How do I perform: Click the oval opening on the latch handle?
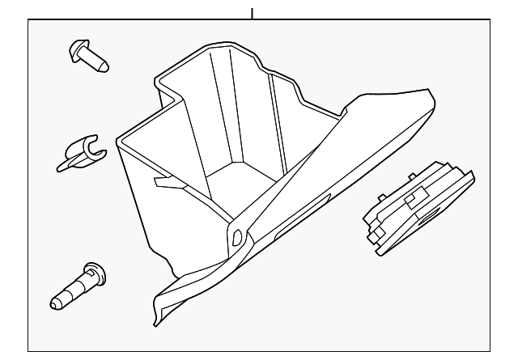(x=426, y=217)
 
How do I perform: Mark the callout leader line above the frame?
(x=253, y=12)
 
